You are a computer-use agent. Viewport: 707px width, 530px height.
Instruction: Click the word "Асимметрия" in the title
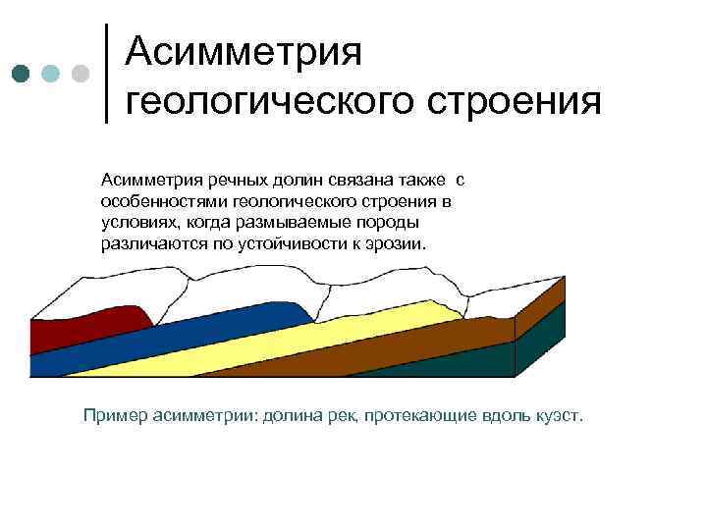pyautogui.click(x=245, y=51)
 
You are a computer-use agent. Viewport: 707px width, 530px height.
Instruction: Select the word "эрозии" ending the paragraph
pyautogui.click(x=398, y=242)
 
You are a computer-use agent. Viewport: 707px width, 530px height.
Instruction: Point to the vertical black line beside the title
pyautogui.click(x=106, y=71)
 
